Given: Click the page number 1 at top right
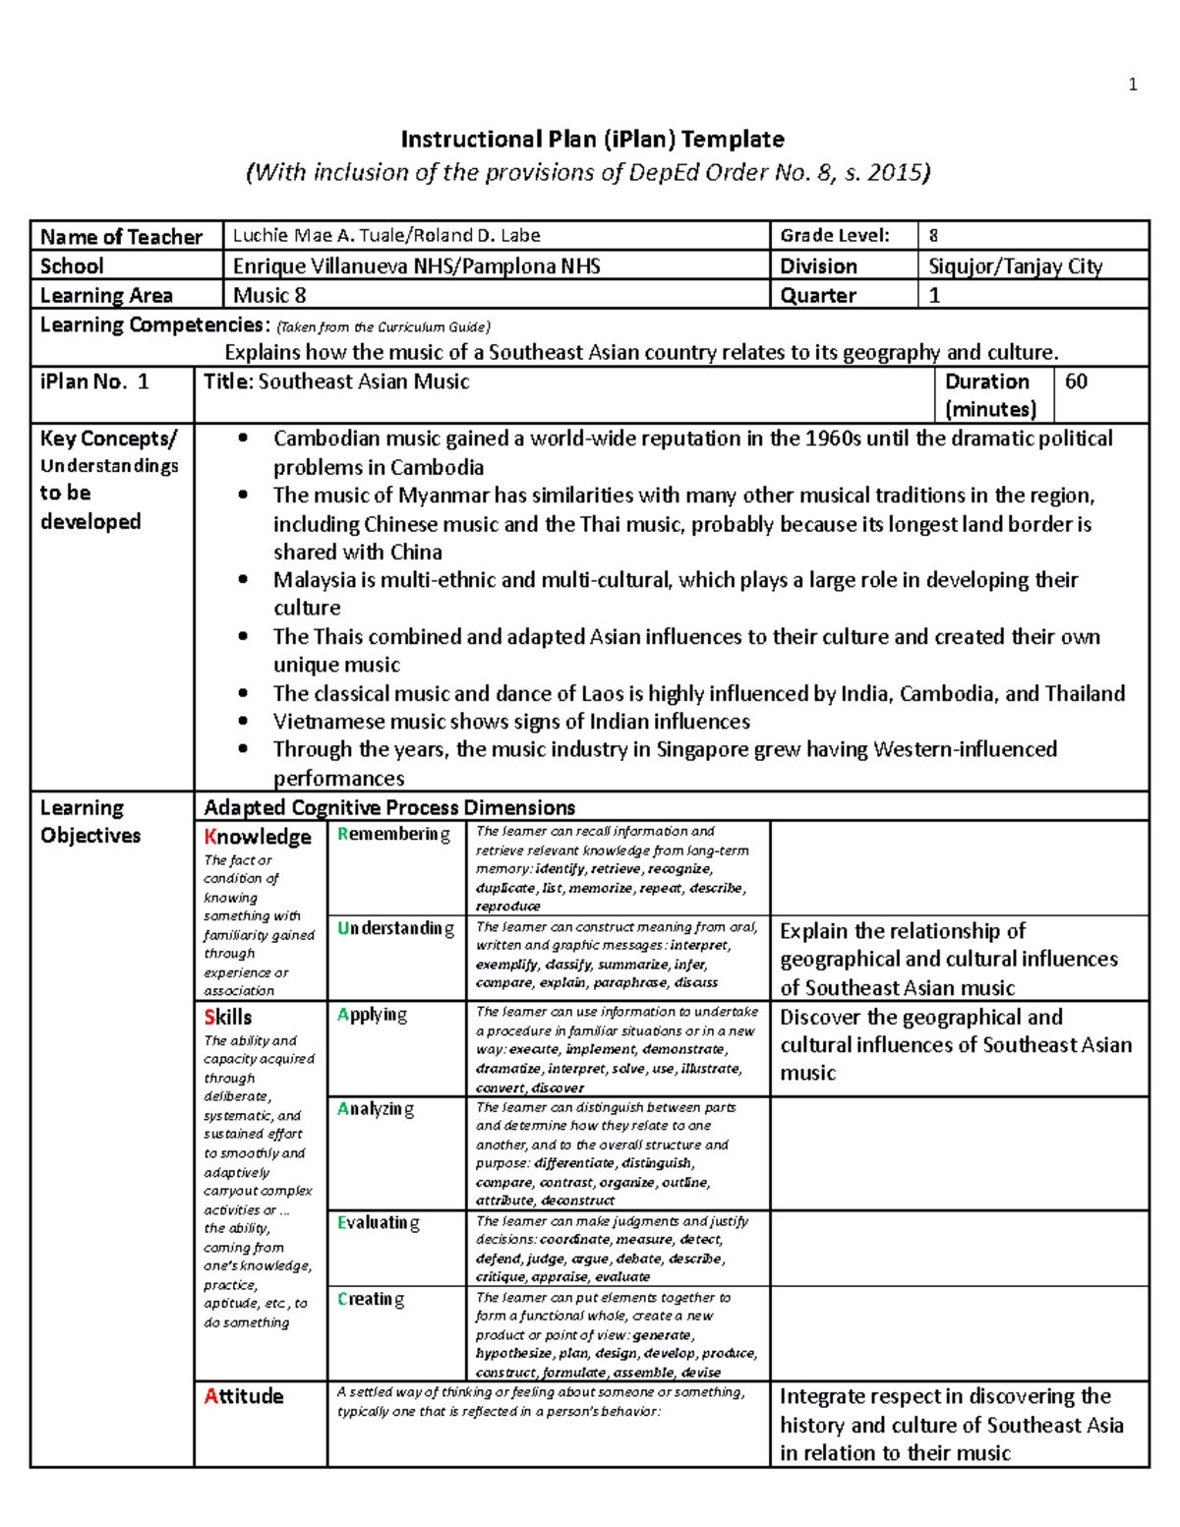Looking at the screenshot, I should [x=1133, y=85].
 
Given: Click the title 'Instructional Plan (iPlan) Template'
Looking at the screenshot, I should [x=592, y=139].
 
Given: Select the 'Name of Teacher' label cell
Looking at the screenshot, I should [x=121, y=237].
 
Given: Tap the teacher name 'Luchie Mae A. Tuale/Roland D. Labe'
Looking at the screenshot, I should [x=385, y=236].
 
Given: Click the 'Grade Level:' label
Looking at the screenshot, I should [x=834, y=236].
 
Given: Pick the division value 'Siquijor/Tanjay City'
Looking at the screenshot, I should [x=1015, y=266].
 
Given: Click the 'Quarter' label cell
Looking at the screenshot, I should [x=818, y=296].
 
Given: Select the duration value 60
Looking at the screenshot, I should [x=1076, y=382].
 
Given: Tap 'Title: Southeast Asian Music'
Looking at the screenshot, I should [x=336, y=382].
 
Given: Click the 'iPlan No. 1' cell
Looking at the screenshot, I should [x=94, y=382].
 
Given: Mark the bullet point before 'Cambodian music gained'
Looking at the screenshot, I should [x=243, y=440].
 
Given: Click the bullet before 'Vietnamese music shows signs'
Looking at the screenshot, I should [x=243, y=723].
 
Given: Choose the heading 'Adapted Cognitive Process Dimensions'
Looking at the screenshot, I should [x=389, y=808].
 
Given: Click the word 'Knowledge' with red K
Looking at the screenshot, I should [x=258, y=837].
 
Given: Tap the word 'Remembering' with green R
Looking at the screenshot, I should [x=393, y=835].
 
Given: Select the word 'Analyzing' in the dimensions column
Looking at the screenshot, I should [x=375, y=1109].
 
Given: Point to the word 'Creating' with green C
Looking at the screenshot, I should [x=371, y=1300].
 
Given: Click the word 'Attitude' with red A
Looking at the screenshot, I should [x=243, y=1396].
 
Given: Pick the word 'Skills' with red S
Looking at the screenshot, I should [x=228, y=1018].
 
